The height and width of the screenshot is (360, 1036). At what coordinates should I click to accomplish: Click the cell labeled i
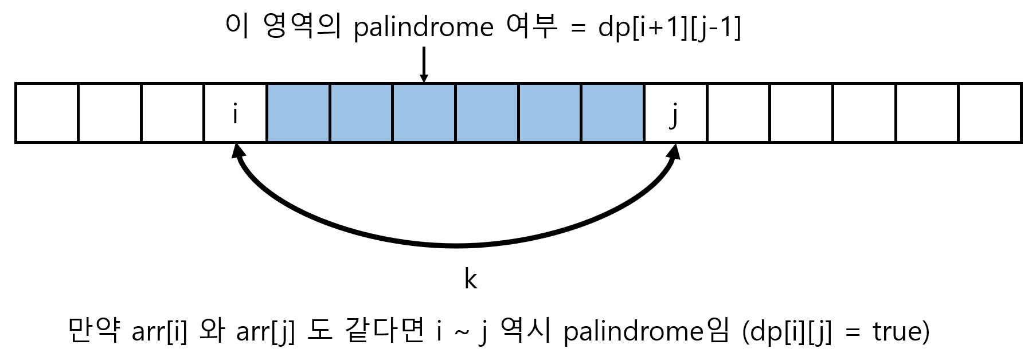[235, 113]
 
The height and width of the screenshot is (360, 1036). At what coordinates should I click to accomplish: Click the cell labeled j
[675, 113]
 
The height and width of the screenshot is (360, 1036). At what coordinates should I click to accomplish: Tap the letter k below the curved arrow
[470, 279]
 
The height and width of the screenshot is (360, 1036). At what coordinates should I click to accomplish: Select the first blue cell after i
[298, 113]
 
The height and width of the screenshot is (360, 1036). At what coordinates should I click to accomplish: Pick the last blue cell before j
[612, 113]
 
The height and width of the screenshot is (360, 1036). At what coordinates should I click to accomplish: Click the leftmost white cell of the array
[47, 113]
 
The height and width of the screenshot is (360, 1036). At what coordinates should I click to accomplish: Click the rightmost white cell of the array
[990, 113]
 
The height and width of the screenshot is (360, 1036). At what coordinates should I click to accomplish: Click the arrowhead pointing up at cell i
[236, 151]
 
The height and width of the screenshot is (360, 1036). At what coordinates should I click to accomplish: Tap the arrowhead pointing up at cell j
[675, 151]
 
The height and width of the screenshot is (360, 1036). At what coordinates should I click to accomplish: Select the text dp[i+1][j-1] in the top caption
[669, 28]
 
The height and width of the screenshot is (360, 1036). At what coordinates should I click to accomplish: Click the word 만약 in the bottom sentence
[93, 331]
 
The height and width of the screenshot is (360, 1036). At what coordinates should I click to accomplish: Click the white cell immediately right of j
[738, 113]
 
